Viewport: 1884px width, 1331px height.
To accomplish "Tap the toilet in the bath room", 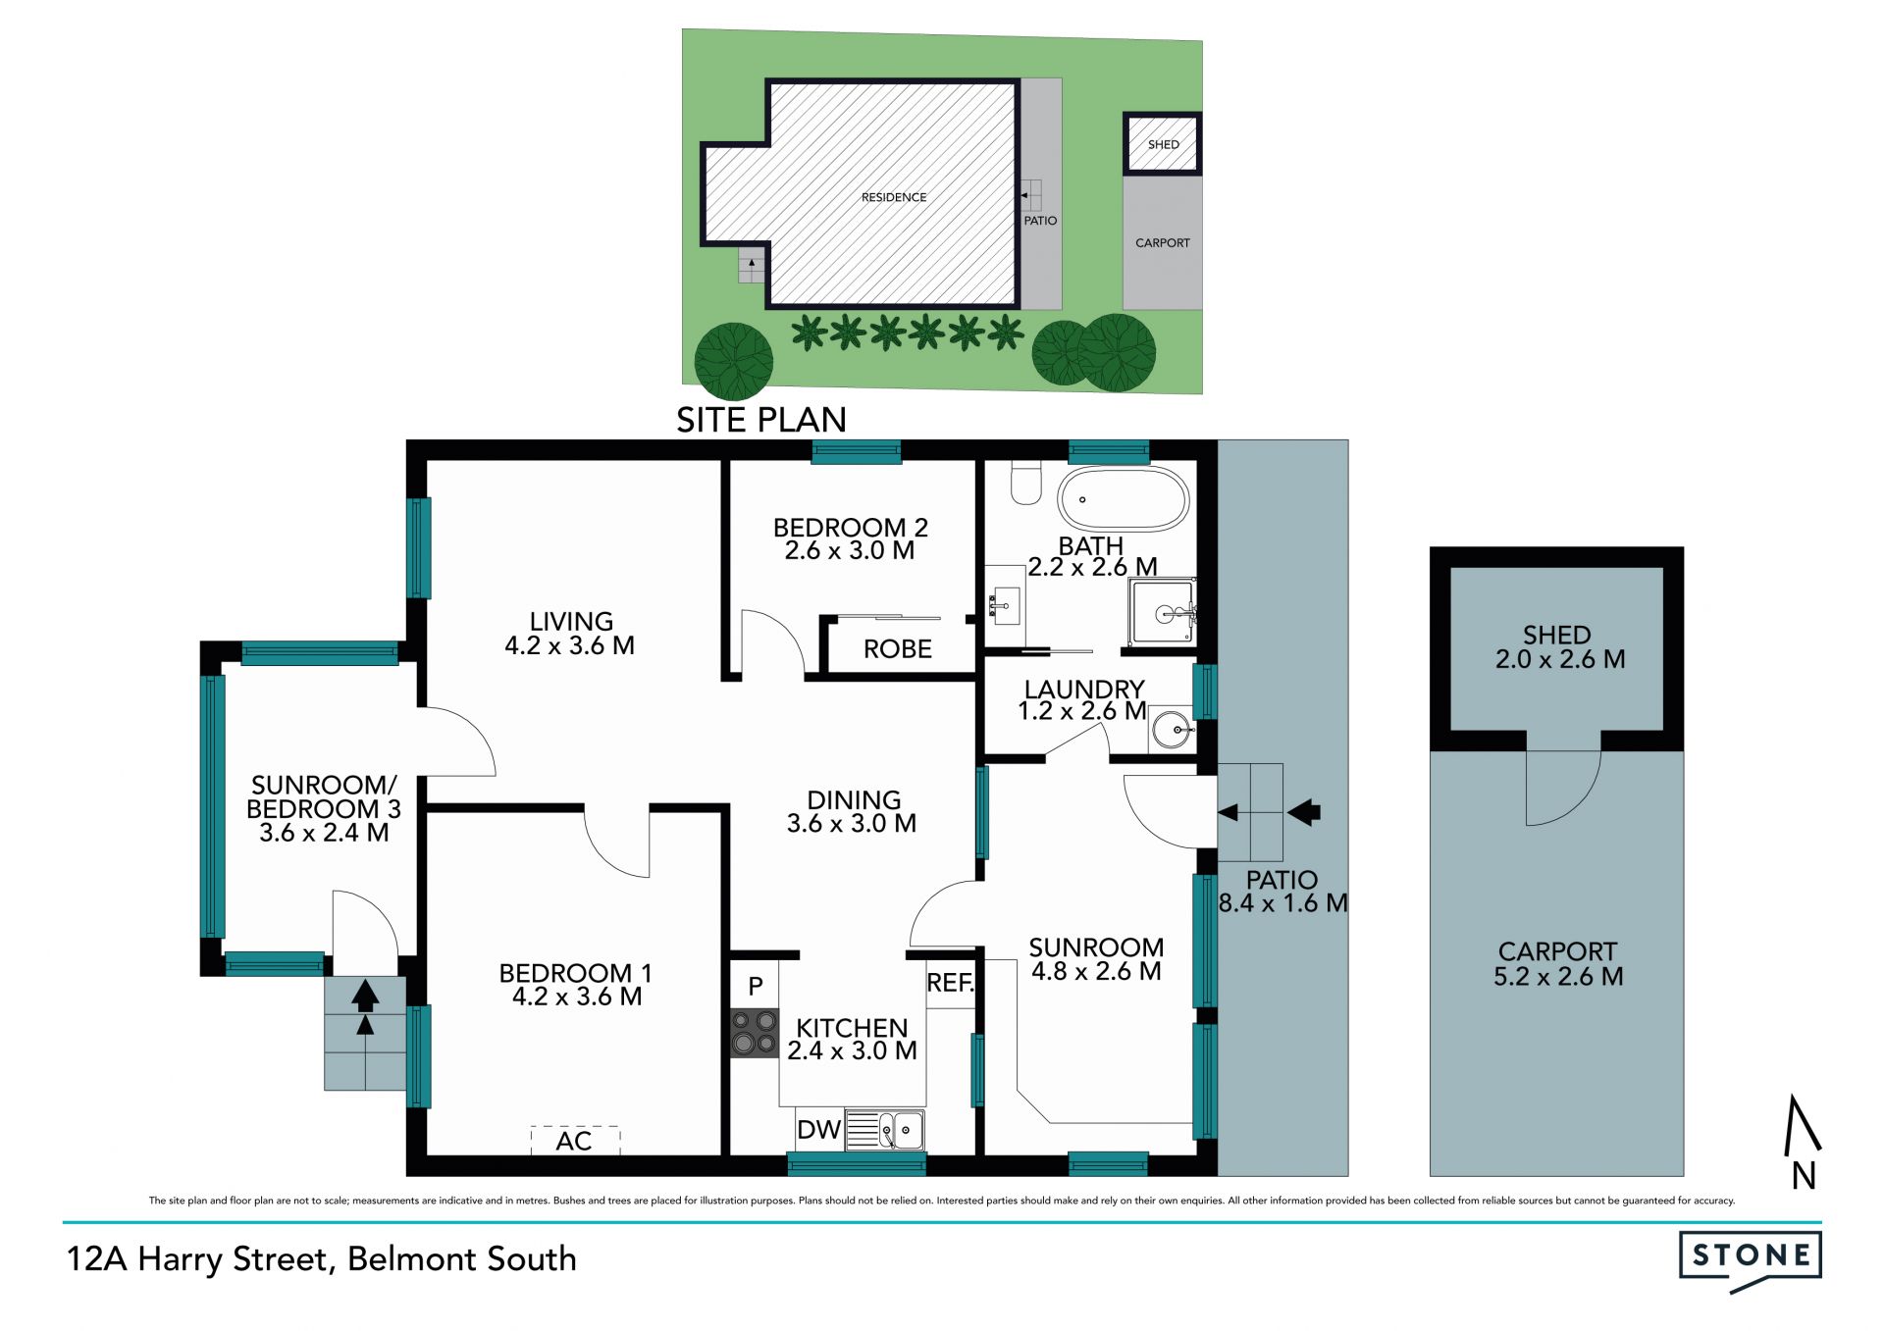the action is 1025,483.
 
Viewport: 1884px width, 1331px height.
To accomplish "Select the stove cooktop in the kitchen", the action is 755,1033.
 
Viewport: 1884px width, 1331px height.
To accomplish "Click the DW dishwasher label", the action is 818,1130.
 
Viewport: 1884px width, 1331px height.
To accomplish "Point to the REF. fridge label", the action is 950,983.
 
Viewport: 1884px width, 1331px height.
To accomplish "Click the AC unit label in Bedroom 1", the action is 574,1141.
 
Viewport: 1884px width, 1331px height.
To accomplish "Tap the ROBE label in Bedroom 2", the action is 898,649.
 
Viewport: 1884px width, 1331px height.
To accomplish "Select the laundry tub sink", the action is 1172,729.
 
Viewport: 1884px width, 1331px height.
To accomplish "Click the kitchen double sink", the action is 884,1130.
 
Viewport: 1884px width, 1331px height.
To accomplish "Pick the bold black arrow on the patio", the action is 1304,812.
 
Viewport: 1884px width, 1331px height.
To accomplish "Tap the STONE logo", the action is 1751,1261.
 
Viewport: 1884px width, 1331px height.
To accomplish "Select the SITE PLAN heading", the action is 761,420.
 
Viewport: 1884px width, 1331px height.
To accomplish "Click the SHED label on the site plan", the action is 1164,144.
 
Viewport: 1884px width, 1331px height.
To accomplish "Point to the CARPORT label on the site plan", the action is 1163,242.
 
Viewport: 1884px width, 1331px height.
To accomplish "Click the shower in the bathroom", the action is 1163,612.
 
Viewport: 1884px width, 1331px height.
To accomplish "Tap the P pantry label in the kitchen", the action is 756,987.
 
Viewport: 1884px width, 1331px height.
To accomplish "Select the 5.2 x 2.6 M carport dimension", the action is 1558,976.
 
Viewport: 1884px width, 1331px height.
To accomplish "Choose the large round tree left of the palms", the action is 734,361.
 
